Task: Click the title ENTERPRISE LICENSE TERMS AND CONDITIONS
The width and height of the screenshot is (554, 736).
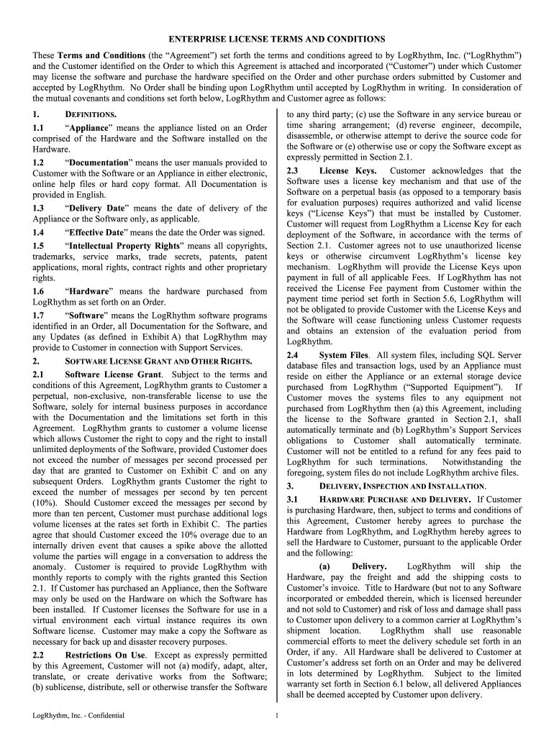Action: pos(277,39)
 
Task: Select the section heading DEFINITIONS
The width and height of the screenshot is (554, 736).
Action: pos(91,114)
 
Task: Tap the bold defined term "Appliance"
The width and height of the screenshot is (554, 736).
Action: pos(89,128)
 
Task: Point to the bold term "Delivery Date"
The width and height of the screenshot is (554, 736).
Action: pos(99,208)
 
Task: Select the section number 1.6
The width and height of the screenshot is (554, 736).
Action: pos(39,291)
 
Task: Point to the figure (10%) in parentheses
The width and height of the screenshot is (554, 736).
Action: pos(47,503)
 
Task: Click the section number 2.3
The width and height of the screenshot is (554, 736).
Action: pos(293,171)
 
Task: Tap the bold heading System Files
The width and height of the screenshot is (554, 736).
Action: pos(343,355)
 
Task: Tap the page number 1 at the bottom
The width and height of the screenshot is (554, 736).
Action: pos(277,715)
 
